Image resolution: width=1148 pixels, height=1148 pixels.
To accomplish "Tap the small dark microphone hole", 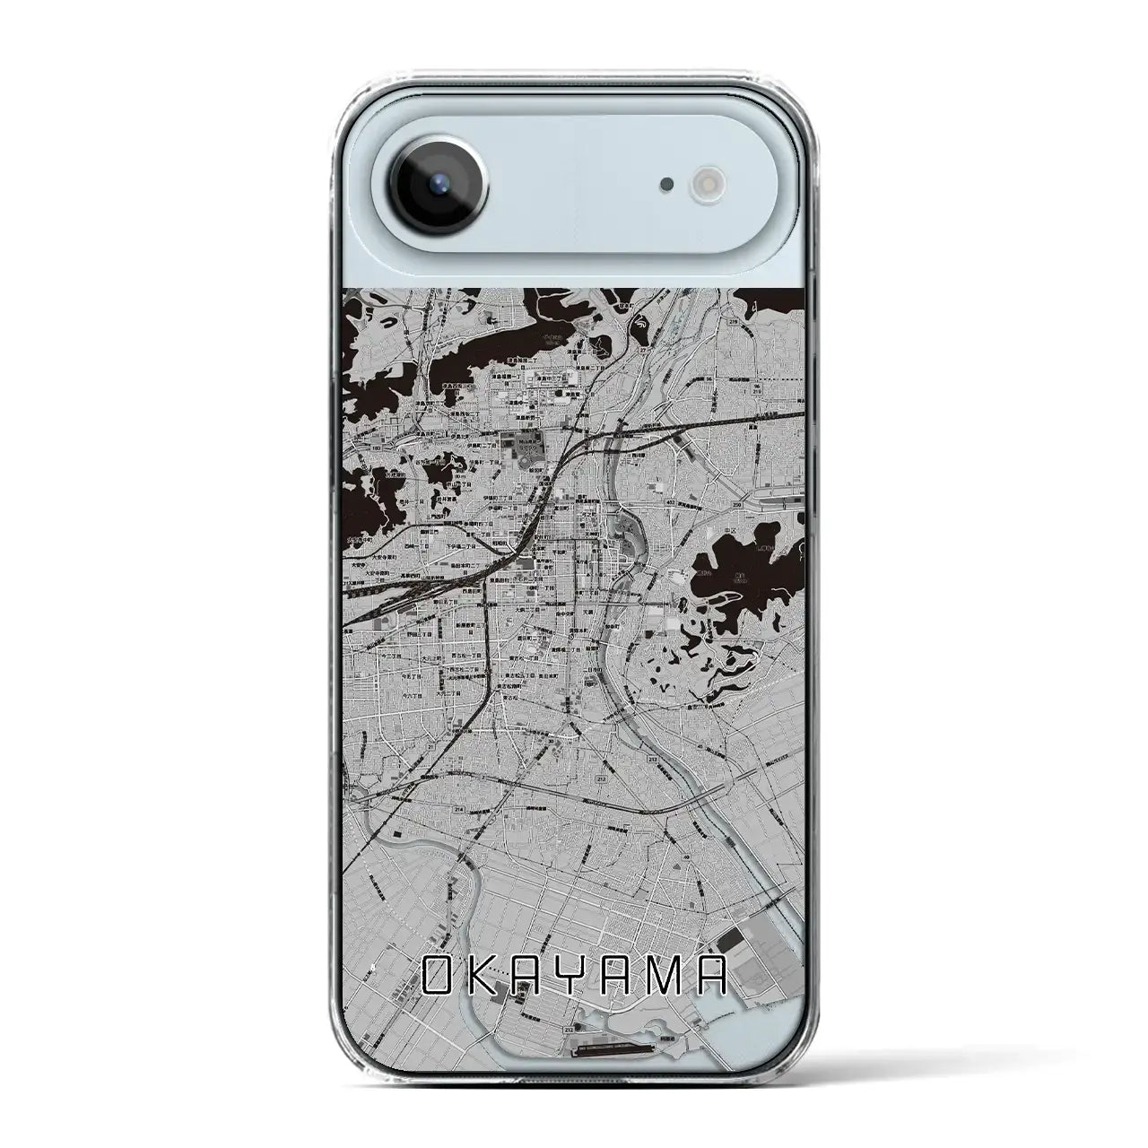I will tap(665, 185).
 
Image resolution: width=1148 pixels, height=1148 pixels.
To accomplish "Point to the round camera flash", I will tap(702, 185).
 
